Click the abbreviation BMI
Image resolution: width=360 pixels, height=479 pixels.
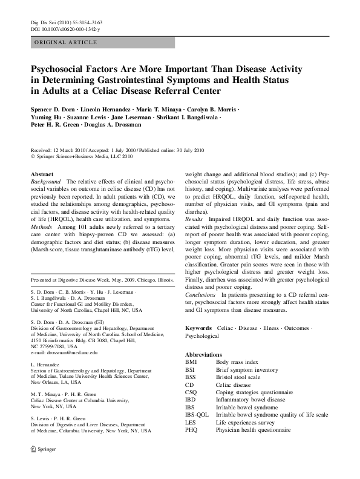coord(191,362)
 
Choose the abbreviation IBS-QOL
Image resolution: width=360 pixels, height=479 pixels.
coord(197,414)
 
